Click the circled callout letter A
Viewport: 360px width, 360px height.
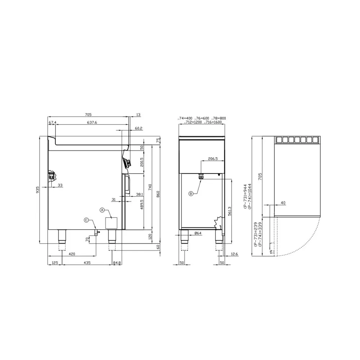(102, 210)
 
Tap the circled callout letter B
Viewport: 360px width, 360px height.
(191, 194)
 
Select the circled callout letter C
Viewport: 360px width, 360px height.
(86, 220)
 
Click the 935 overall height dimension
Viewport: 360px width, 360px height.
(38, 190)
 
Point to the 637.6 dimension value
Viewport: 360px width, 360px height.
(92, 122)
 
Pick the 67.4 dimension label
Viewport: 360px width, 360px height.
(52, 122)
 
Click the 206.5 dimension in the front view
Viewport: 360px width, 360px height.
(213, 159)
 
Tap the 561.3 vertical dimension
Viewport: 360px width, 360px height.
(230, 211)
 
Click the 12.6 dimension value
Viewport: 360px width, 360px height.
(235, 254)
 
